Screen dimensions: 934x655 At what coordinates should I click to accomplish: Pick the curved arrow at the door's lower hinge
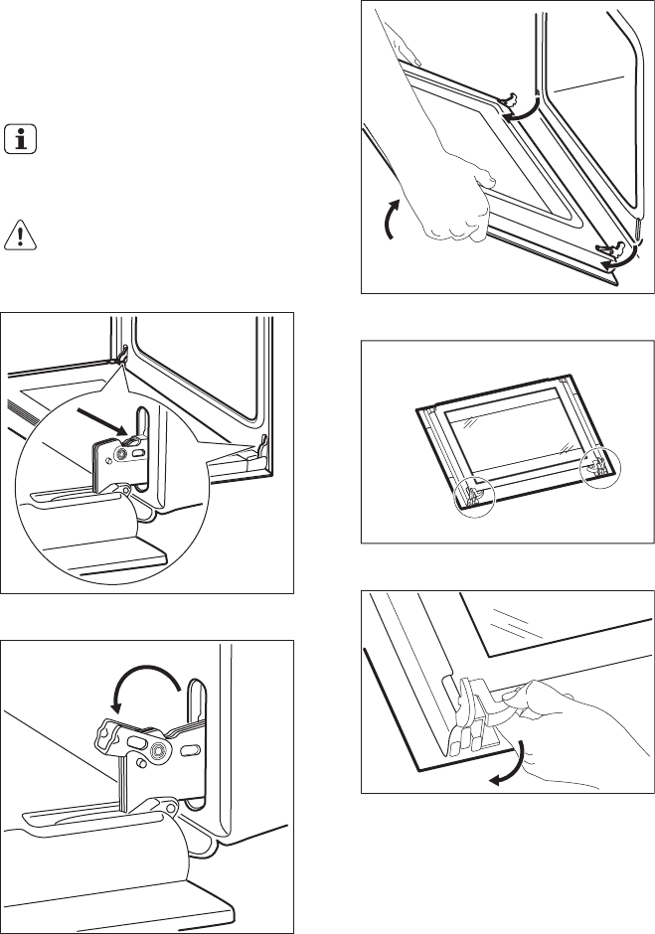pos(615,260)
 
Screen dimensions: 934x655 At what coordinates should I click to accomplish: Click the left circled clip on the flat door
pos(475,493)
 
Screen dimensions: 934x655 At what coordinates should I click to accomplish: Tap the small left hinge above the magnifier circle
pos(121,355)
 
